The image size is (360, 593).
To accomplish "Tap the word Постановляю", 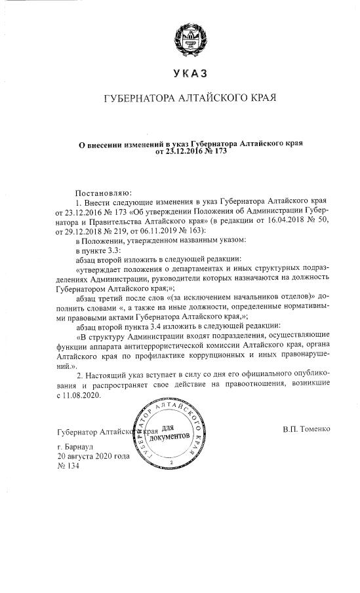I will (104, 194).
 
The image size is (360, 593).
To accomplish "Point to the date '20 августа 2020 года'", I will (94, 455).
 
